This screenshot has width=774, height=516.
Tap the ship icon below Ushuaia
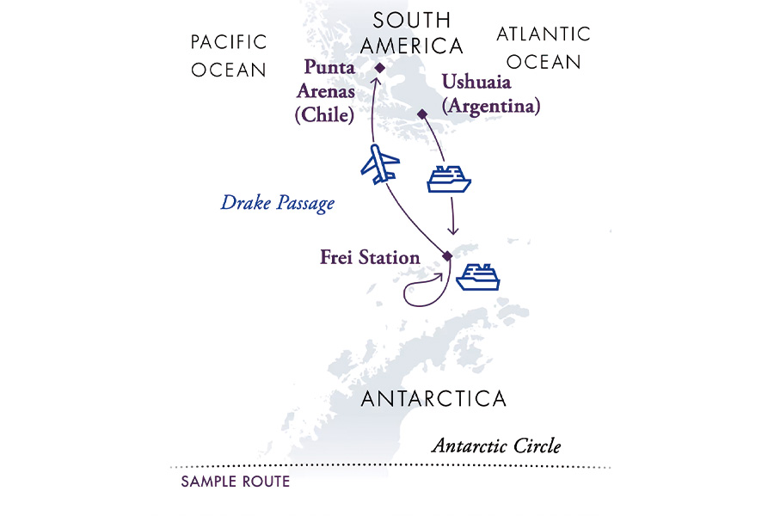(449, 179)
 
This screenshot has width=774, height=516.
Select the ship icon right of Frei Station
(477, 278)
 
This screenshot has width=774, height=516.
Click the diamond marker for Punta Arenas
(379, 67)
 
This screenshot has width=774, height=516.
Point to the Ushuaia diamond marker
(421, 114)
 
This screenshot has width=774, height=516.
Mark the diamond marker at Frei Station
(446, 255)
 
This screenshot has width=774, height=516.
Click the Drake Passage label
(277, 204)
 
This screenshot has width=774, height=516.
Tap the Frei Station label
(370, 257)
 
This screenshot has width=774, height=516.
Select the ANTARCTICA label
(433, 399)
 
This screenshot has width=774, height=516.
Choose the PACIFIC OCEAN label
(229, 56)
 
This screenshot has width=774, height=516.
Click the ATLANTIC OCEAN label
(544, 48)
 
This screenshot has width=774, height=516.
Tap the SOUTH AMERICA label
(412, 33)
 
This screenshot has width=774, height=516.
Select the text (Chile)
(324, 115)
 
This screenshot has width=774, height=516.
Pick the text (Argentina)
(490, 107)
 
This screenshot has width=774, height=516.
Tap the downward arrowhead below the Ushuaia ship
(453, 232)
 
